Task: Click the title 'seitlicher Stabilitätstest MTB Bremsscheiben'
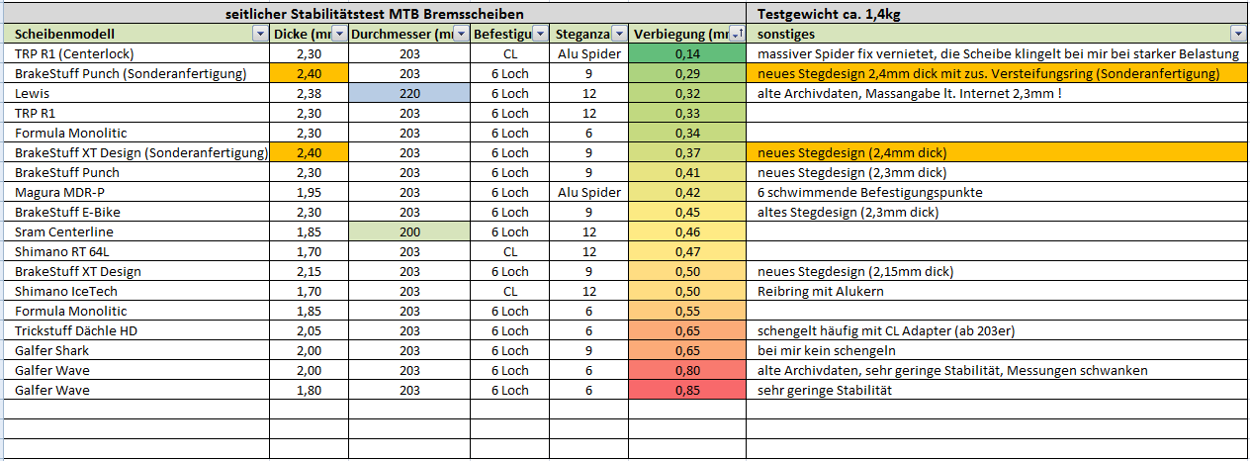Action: pyautogui.click(x=373, y=14)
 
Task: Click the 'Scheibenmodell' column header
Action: pyautogui.click(x=65, y=34)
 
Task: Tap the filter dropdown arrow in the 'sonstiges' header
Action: pyautogui.click(x=1237, y=34)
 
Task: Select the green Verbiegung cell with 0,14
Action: pyautogui.click(x=687, y=53)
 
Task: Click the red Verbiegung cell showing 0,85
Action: pyautogui.click(x=687, y=390)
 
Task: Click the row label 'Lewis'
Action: pyautogui.click(x=34, y=93)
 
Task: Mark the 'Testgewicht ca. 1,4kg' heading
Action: pyautogui.click(x=829, y=14)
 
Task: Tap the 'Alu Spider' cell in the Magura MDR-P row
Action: pyautogui.click(x=589, y=192)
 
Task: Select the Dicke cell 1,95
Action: pyautogui.click(x=309, y=192)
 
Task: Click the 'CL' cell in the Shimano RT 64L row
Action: pyautogui.click(x=510, y=251)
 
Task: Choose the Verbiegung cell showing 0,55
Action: pyautogui.click(x=687, y=311)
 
